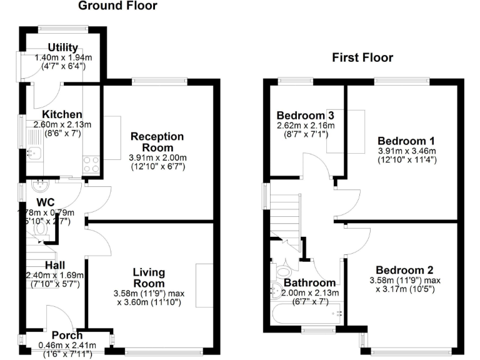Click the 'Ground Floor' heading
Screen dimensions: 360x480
point(117,6)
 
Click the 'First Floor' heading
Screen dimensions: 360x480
point(362,58)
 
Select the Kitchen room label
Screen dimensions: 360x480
point(62,114)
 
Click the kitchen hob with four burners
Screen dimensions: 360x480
point(91,164)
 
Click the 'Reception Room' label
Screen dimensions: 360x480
point(157,142)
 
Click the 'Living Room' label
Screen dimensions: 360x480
point(149,278)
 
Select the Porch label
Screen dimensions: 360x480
point(67,336)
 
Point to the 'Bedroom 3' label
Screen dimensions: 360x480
point(305,116)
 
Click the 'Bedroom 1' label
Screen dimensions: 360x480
point(406,141)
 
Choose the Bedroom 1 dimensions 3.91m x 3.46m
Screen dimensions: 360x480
point(406,156)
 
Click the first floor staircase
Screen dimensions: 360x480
point(285,216)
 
